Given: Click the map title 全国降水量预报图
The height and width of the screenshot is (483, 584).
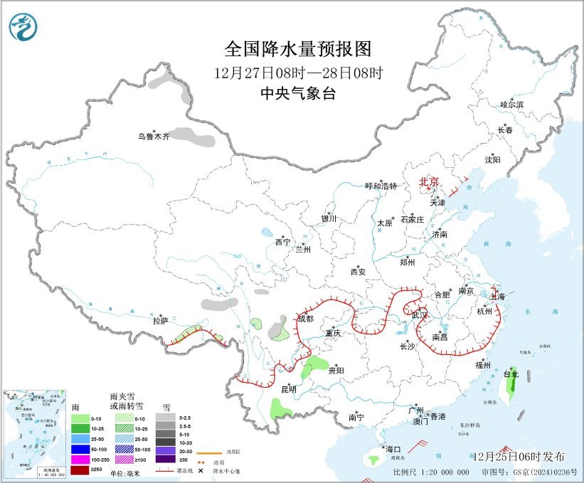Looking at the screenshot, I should pos(298,49).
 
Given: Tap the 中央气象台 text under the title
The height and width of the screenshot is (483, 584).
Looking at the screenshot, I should pos(298,93).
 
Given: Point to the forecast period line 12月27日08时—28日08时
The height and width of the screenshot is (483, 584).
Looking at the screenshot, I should pos(298,73).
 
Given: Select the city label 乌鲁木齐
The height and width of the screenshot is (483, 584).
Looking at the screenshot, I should pos(154,137).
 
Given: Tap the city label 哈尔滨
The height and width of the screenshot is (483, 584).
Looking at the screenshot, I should pos(511,105).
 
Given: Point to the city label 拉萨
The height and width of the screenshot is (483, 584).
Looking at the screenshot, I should pos(160,322).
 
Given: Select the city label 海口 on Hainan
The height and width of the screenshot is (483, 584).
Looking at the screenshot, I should pos(393,450).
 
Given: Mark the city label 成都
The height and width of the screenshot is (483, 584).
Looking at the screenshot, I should pos(305,319).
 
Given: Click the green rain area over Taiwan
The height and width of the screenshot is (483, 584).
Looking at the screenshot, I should pos(510,388).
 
